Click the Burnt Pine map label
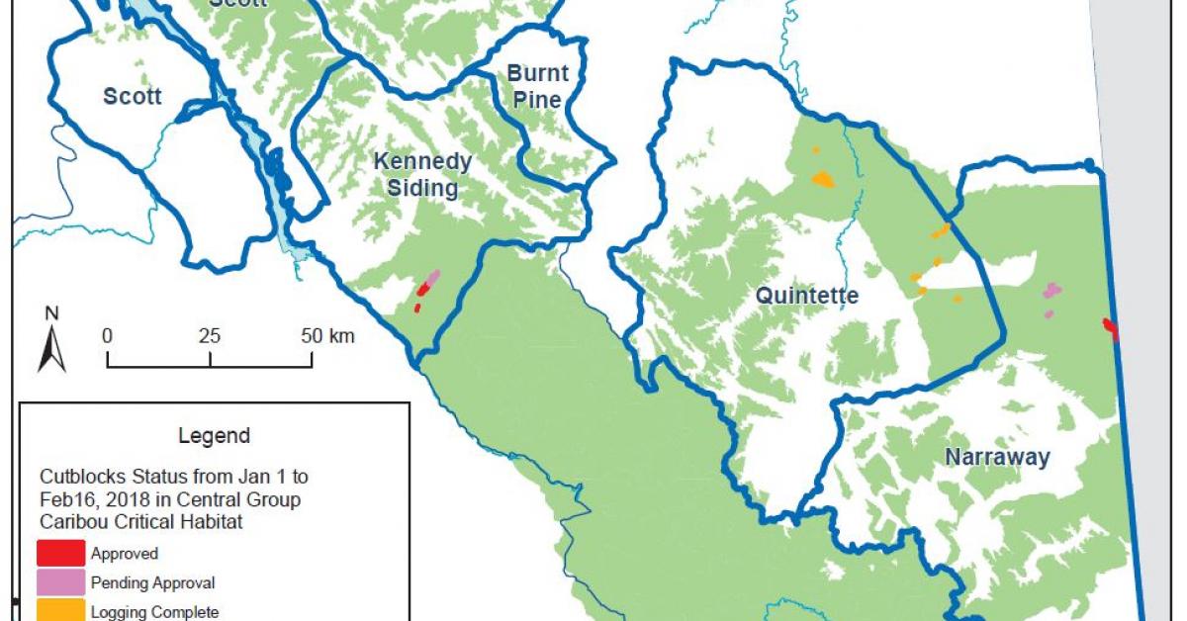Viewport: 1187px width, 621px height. point(538,86)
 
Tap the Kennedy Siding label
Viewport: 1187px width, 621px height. point(422,174)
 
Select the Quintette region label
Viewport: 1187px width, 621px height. point(807,296)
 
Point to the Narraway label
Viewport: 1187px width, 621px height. point(997,457)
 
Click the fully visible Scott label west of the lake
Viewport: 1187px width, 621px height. point(132,96)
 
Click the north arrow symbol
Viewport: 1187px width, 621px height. point(51,347)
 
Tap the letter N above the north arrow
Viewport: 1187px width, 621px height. point(51,313)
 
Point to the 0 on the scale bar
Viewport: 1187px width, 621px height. point(107,335)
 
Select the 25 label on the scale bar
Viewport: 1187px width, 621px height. point(209,335)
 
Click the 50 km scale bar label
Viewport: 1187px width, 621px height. point(326,335)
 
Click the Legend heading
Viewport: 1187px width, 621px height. point(214,435)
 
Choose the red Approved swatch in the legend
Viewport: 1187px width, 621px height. point(61,554)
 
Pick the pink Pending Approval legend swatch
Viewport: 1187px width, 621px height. point(61,582)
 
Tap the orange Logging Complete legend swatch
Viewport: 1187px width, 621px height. point(61,610)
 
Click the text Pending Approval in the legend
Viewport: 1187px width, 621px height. point(152,582)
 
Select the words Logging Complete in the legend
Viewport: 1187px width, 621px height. point(154,611)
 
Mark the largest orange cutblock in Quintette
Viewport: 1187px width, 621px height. point(822,180)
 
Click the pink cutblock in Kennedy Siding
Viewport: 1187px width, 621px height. point(432,277)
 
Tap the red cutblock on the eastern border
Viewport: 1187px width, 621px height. point(1111,328)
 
